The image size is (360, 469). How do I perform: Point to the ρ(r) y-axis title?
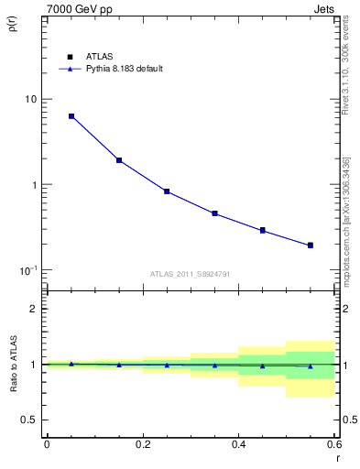point(13,21)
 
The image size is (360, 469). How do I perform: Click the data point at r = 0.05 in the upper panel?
point(71,116)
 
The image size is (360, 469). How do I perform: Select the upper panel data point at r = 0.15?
point(119,160)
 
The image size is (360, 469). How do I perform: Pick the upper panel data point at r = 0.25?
point(167,191)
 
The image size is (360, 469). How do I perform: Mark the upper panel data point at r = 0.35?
point(214,213)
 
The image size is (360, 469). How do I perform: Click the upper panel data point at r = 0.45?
point(262,230)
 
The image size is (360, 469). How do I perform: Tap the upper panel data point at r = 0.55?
point(311,245)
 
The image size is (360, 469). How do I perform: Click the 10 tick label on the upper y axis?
point(31,99)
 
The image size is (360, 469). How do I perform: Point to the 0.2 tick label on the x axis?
point(142,444)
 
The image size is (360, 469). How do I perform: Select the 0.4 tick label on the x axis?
point(238,444)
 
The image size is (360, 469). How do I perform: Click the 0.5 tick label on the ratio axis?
point(28,420)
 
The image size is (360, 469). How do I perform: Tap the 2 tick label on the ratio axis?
point(34,309)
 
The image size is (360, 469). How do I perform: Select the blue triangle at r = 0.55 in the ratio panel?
point(311,366)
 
